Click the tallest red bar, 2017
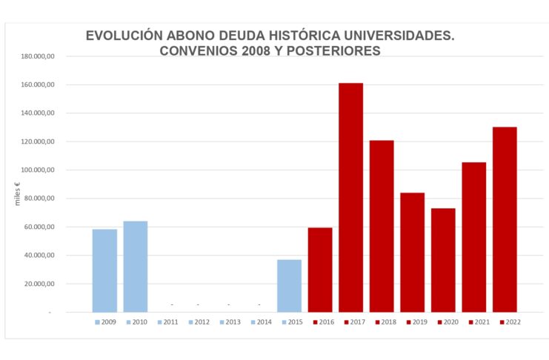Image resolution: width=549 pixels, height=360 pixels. (350, 197)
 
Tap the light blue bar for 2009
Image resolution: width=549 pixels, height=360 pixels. (104, 270)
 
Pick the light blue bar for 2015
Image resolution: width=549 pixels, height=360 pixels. (289, 286)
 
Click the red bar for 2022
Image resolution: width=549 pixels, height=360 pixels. (505, 219)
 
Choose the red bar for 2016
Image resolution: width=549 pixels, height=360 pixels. (320, 270)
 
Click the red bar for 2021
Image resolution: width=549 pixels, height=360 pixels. (473, 237)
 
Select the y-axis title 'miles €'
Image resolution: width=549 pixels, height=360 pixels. (16, 193)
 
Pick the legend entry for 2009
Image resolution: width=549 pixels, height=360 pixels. (105, 322)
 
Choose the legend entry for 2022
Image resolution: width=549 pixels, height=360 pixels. (510, 322)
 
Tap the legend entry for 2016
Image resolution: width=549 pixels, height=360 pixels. (323, 322)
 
